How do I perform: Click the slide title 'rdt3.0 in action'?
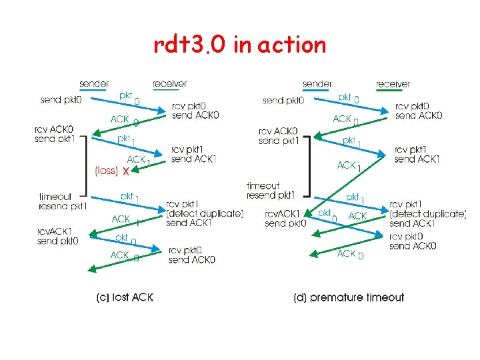click(x=240, y=45)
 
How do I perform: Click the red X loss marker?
click(x=126, y=171)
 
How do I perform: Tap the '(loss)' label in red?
click(x=106, y=171)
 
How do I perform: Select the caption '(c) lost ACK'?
click(x=125, y=297)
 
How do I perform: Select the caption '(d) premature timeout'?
click(x=349, y=297)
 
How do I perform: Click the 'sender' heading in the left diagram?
click(x=94, y=84)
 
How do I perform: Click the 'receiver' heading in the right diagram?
click(x=393, y=84)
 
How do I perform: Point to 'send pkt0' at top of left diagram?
click(x=61, y=100)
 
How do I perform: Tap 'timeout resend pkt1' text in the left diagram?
click(x=62, y=201)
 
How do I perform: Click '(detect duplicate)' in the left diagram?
click(x=205, y=213)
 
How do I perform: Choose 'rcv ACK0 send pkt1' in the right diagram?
click(x=279, y=136)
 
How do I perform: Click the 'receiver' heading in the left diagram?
click(x=169, y=84)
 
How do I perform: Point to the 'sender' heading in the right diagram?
click(x=317, y=84)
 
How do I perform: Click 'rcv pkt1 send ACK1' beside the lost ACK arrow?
click(x=193, y=154)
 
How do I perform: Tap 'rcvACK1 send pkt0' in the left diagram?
click(x=57, y=236)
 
